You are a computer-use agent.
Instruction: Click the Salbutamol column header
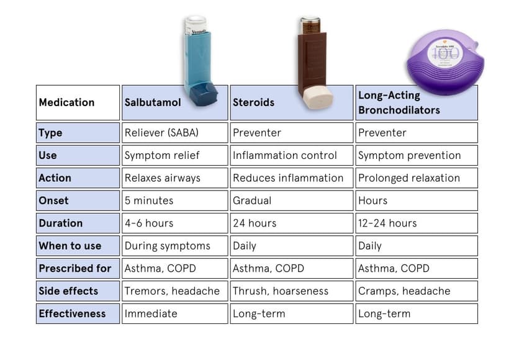[x=153, y=102]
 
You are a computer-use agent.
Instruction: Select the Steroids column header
[x=253, y=102]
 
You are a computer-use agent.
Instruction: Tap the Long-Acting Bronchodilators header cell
[x=399, y=103]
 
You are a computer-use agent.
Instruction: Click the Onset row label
[x=54, y=200]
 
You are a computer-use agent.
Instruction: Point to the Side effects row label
[x=68, y=290]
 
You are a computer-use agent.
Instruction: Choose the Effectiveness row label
[x=71, y=313]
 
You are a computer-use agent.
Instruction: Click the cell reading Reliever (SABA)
[x=157, y=133]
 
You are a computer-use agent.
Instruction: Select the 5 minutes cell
[x=149, y=200]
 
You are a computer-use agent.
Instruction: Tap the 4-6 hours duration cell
[x=149, y=223]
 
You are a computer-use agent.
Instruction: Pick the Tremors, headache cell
[x=172, y=290]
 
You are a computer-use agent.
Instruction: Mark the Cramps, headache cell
[x=404, y=290]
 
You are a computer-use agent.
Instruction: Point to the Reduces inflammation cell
[x=288, y=178]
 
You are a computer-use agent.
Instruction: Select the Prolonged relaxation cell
[x=409, y=178]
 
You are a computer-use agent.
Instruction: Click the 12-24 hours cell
[x=387, y=223]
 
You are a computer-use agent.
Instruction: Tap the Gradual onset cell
[x=252, y=200]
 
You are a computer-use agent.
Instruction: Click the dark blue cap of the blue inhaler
[x=203, y=95]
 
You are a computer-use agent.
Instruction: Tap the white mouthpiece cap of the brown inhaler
[x=317, y=98]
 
